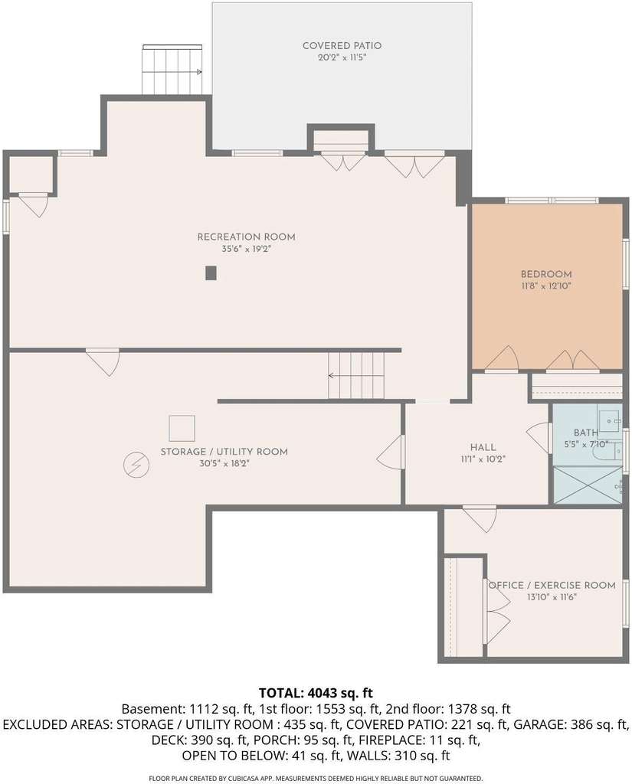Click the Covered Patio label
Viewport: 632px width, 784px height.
(342, 45)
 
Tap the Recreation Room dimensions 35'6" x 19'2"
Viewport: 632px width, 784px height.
(246, 249)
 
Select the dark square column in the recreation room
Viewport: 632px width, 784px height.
(211, 273)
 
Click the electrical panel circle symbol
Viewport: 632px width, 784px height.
(136, 465)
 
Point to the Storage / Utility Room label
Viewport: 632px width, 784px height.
(224, 452)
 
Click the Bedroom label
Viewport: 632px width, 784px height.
(546, 274)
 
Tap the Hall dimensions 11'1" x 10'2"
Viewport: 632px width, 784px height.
(483, 459)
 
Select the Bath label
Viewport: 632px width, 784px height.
(585, 433)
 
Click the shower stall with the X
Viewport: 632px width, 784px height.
(588, 485)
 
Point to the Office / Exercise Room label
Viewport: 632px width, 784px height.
(552, 585)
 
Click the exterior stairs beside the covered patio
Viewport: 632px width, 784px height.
(172, 69)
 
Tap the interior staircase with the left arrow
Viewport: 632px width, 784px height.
(357, 375)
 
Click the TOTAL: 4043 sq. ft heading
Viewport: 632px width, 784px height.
(316, 693)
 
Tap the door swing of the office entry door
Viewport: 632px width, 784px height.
(480, 519)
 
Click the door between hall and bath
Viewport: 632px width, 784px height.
(539, 438)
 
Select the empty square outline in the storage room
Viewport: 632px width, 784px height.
(182, 429)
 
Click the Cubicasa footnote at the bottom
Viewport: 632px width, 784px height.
(316, 778)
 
